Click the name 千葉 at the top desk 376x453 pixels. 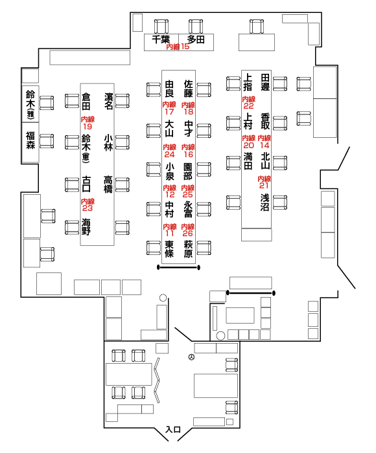tap(161, 39)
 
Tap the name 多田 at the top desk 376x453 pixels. tap(196, 39)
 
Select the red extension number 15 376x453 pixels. tap(185, 47)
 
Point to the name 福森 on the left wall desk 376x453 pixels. tap(30, 140)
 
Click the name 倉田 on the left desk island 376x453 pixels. tap(86, 102)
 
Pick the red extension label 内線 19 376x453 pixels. tap(88, 123)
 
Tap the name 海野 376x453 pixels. tap(86, 226)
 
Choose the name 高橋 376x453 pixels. tap(108, 184)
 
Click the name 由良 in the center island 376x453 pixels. tap(169, 89)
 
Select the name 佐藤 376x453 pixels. tap(189, 89)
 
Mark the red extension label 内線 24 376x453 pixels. tap(170, 151)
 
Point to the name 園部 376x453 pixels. tap(188, 171)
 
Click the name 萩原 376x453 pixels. tap(188, 249)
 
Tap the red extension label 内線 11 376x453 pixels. tap(170, 230)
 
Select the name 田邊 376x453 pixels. tap(265, 82)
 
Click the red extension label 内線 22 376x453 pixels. tap(249, 102)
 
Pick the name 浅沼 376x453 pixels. tap(265, 202)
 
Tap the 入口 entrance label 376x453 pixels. tap(173, 430)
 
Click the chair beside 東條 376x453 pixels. tap(154, 248)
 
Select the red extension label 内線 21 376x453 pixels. tap(264, 182)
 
